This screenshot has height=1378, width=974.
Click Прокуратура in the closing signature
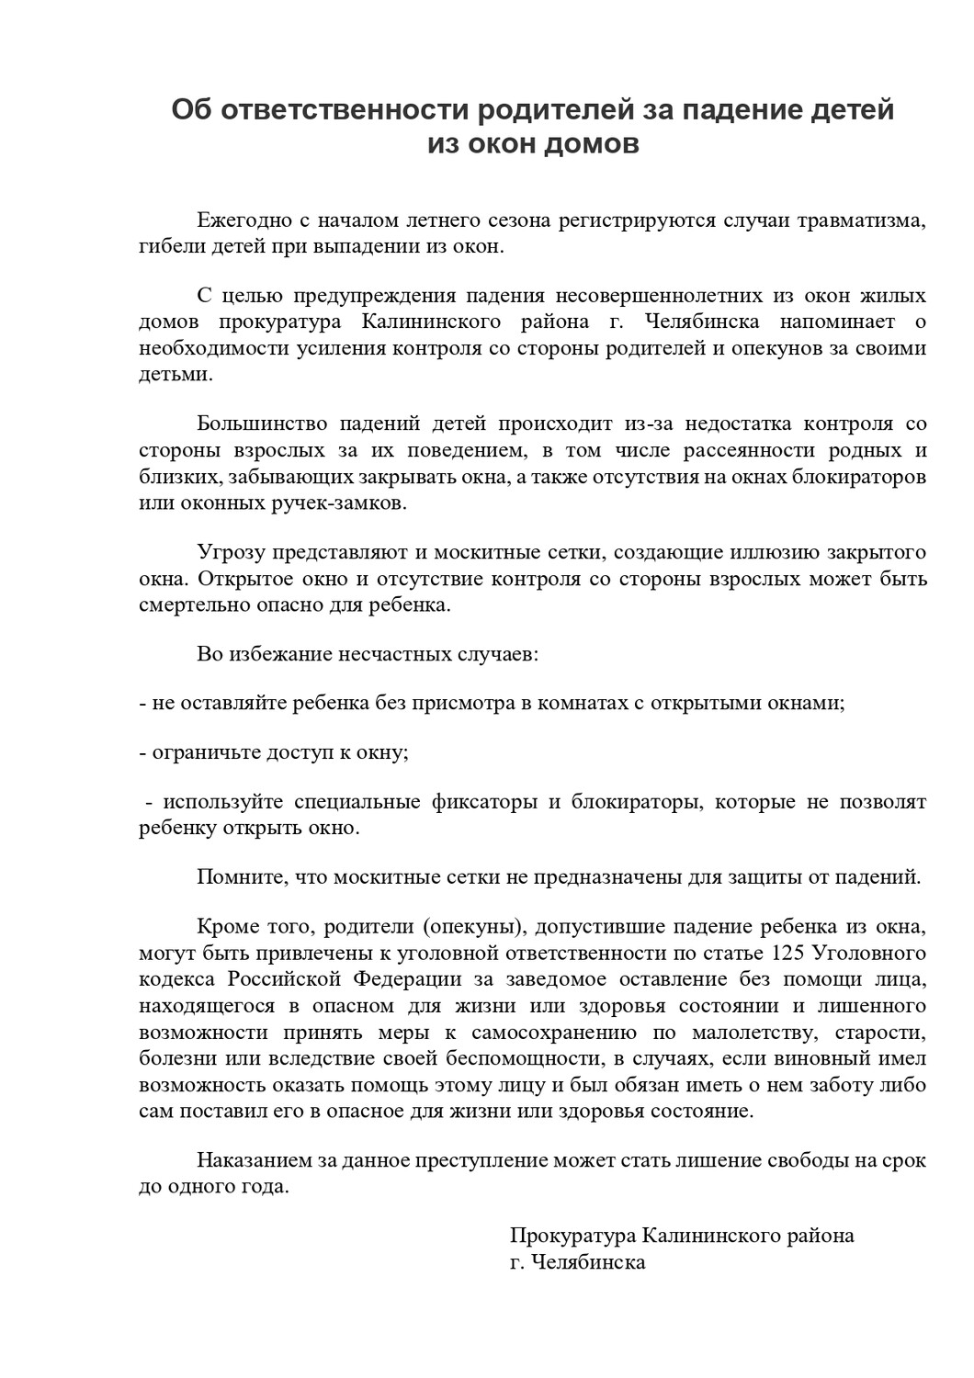point(572,1235)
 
